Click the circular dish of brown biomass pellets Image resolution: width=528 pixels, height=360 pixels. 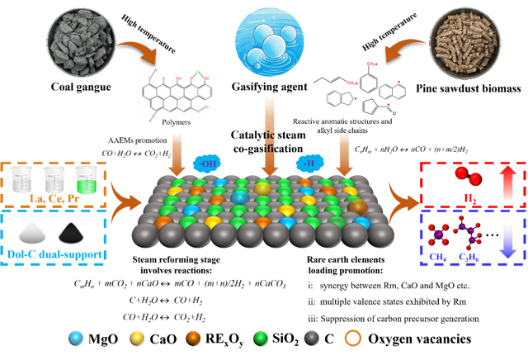pos(464,38)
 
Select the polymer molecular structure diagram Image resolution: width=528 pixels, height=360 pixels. pos(176,94)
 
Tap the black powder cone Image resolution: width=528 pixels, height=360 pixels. pos(72,232)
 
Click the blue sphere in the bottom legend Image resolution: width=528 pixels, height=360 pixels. pos(77,337)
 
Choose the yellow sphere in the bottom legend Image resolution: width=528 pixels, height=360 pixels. pos(137,337)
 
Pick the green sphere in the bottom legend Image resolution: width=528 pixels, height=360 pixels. pos(261,337)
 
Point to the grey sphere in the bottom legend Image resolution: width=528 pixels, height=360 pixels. pos(311,337)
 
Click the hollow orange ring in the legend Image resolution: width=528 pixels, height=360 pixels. pos(353,337)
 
